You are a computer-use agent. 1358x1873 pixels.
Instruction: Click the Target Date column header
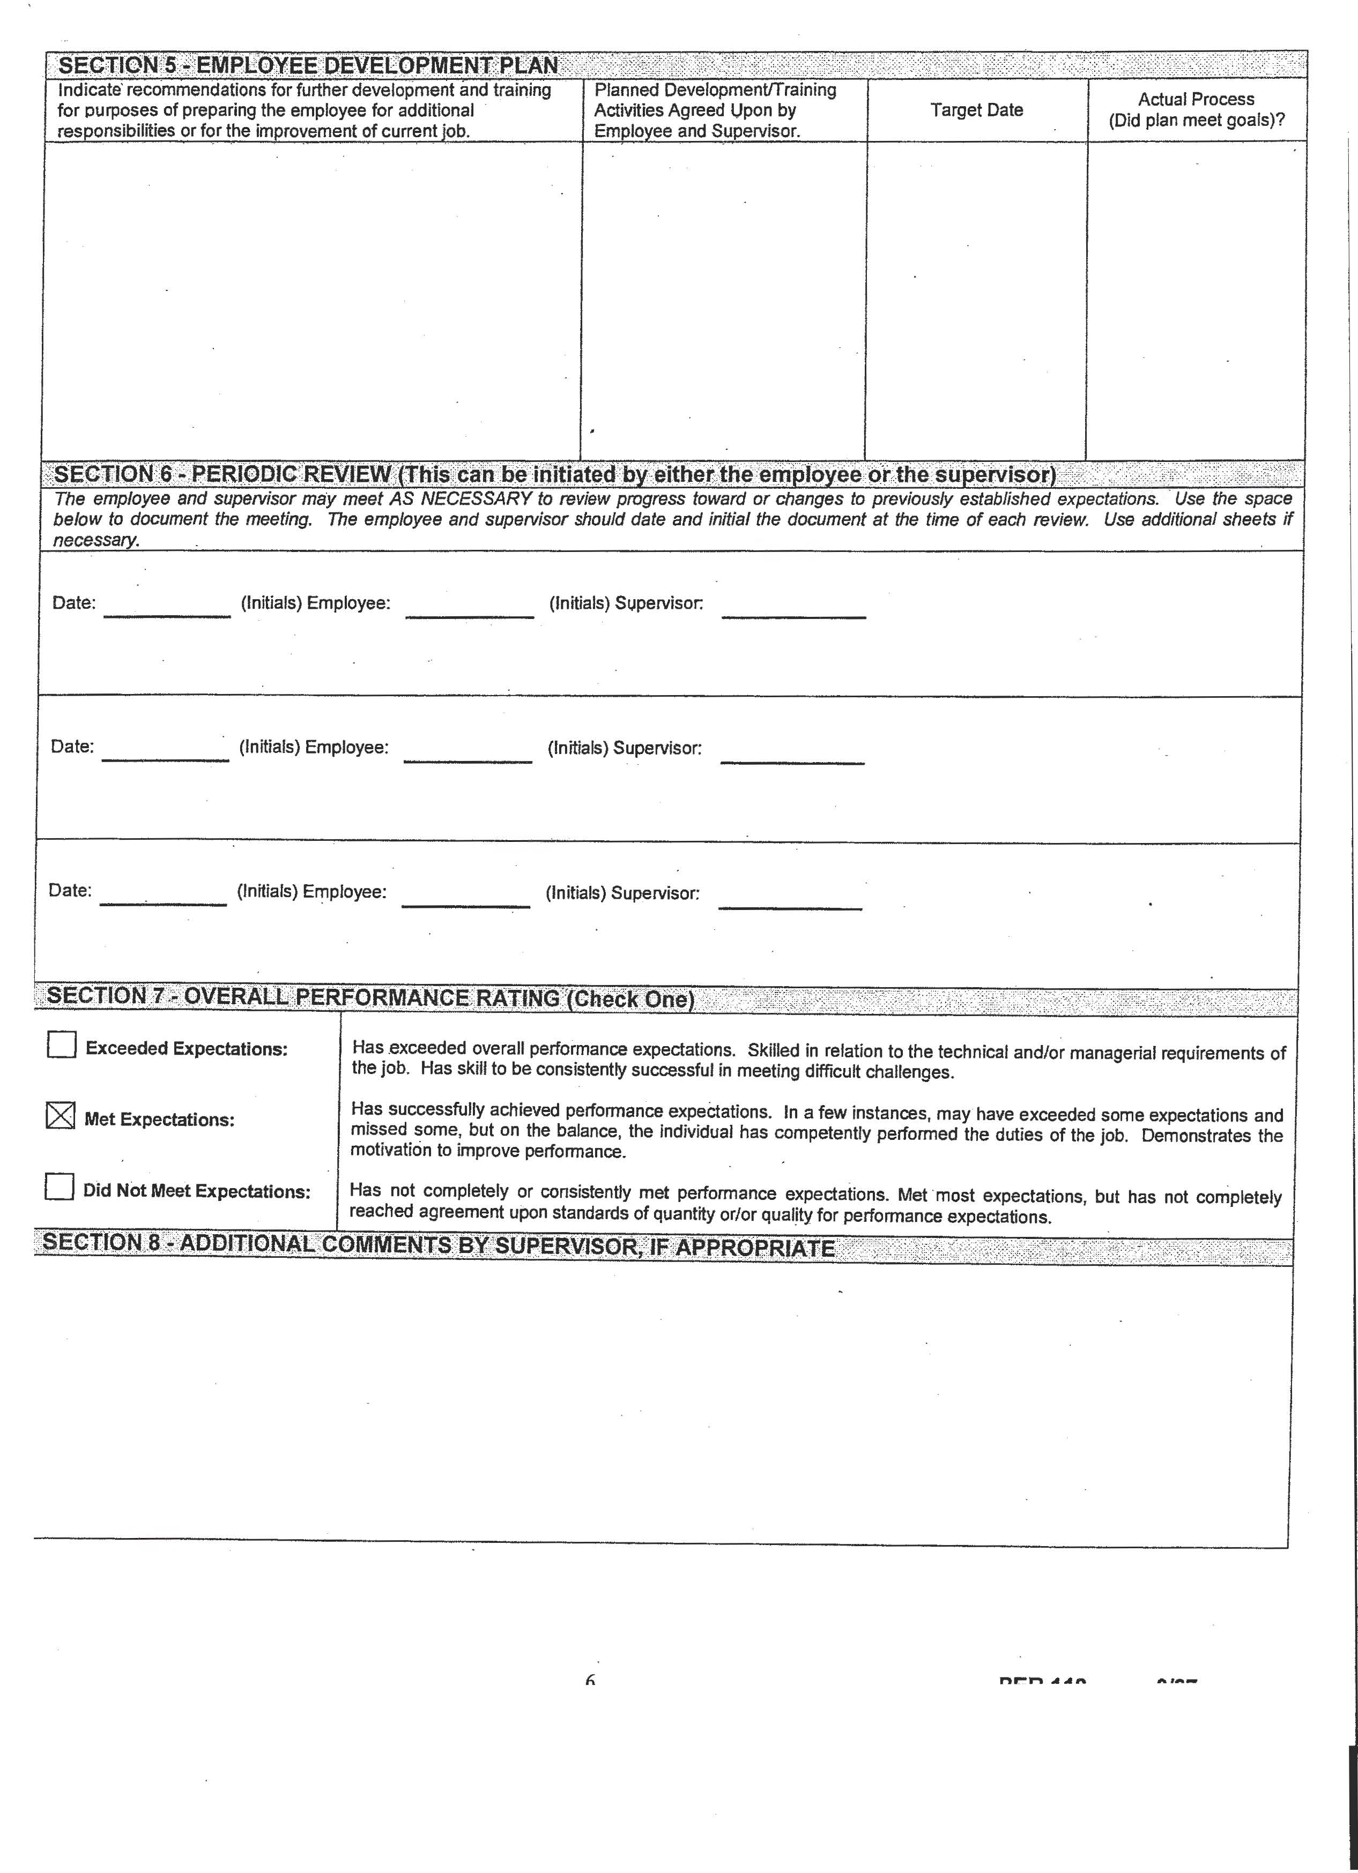tap(976, 110)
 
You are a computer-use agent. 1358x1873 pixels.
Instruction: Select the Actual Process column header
tap(1196, 110)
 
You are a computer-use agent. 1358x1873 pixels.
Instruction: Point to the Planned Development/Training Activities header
tap(715, 110)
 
